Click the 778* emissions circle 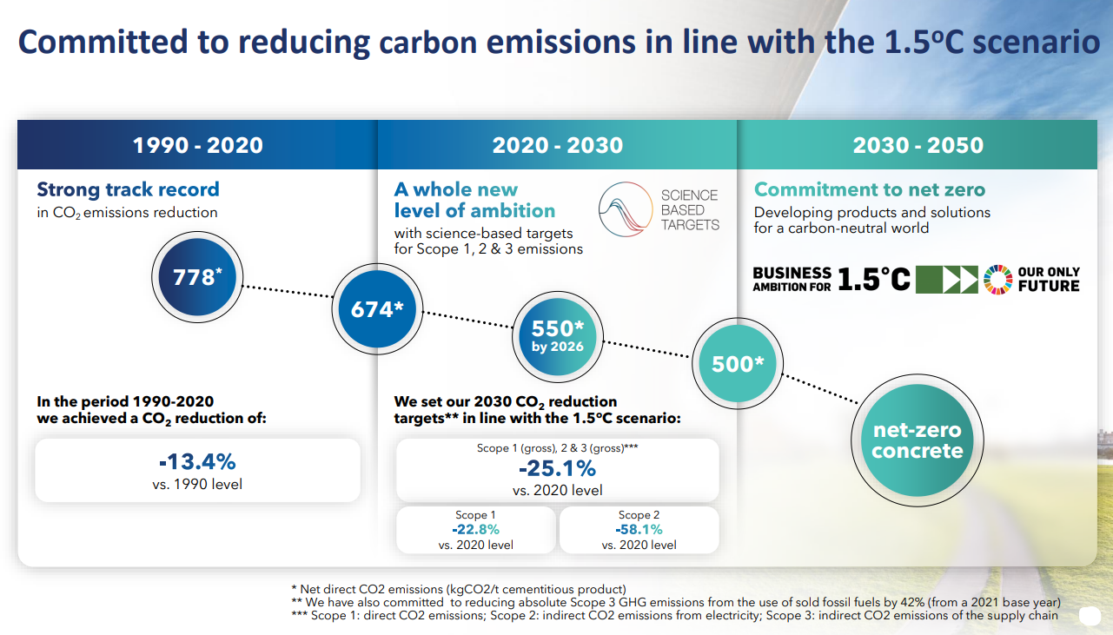tap(198, 278)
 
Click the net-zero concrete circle tap(917, 441)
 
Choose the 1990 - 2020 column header tap(197, 144)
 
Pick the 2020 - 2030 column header tap(557, 144)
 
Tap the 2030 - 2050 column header tap(918, 144)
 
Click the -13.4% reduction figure tap(197, 461)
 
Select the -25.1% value tap(557, 469)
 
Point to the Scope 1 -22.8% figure tap(475, 529)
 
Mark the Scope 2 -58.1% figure tap(639, 529)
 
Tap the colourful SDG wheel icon tap(998, 279)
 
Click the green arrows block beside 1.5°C tap(947, 279)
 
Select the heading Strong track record tap(128, 189)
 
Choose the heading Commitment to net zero tap(869, 189)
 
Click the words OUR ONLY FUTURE tap(1048, 279)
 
